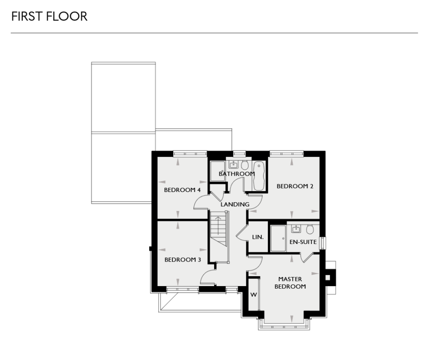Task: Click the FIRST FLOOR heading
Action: click(49, 17)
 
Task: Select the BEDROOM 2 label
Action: click(295, 186)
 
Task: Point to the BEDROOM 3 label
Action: click(183, 260)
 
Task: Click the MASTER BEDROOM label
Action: click(290, 283)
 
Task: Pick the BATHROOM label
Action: click(236, 174)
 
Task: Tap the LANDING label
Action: click(235, 204)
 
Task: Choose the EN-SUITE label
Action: click(303, 242)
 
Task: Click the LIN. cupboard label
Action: click(258, 237)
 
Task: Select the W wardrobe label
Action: click(253, 295)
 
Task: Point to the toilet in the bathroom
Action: click(245, 165)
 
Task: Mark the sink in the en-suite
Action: click(296, 228)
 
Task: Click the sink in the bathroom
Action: click(233, 165)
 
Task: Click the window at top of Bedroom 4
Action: click(190, 153)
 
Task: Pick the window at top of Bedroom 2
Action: click(286, 153)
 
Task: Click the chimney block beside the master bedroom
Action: click(329, 277)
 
